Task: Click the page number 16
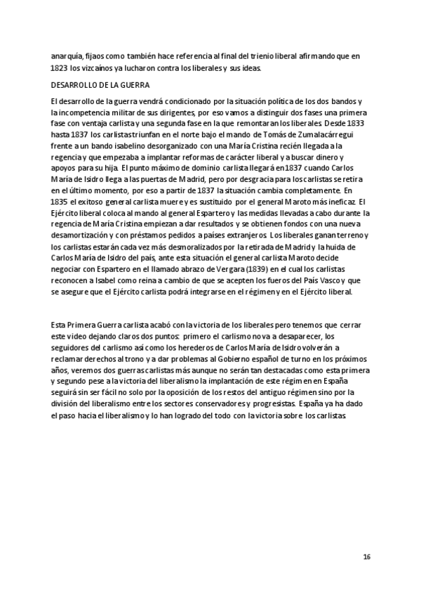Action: click(366, 557)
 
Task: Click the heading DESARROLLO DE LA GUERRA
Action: click(97, 84)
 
